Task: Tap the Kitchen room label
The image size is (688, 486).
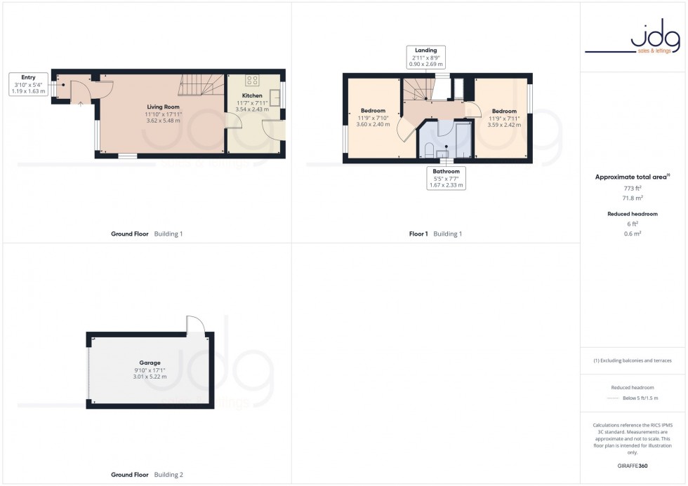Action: click(x=252, y=95)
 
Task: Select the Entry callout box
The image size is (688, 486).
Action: click(x=29, y=83)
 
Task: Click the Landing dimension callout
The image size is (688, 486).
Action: click(x=425, y=57)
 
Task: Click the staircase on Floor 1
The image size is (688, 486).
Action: click(x=418, y=89)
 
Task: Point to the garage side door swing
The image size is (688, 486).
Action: click(x=196, y=325)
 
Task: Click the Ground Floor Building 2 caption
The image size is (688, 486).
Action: click(x=147, y=475)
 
